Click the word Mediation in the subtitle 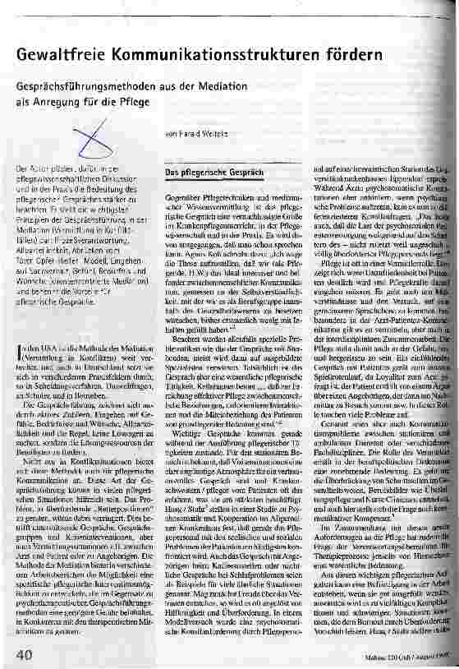(280, 86)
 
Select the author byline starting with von (195, 133)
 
